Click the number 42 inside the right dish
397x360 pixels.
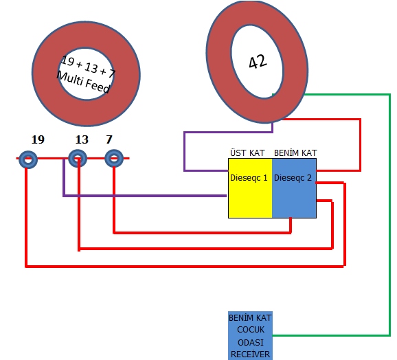pyautogui.click(x=258, y=62)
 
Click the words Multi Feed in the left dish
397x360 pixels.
pyautogui.click(x=83, y=82)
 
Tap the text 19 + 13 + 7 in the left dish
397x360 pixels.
pyautogui.click(x=88, y=67)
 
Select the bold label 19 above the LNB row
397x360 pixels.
pyautogui.click(x=38, y=139)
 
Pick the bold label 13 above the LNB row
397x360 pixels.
pyautogui.click(x=82, y=139)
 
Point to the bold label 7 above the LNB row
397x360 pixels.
pyautogui.click(x=109, y=139)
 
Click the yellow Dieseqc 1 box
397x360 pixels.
pyautogui.click(x=250, y=188)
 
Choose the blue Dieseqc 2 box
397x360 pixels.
pyautogui.click(x=294, y=188)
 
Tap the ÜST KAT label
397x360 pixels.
pyautogui.click(x=247, y=153)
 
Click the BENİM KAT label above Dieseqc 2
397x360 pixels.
pyautogui.click(x=295, y=153)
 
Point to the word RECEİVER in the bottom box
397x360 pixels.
pyautogui.click(x=251, y=355)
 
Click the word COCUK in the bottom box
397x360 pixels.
pyautogui.click(x=251, y=330)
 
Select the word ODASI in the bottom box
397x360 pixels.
pyautogui.click(x=251, y=343)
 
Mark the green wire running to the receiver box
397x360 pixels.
pyautogui.click(x=389, y=215)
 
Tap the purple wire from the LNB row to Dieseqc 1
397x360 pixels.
pyautogui.click(x=145, y=196)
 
